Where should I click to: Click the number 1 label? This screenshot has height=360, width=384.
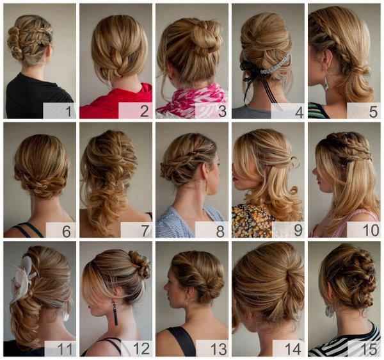point(68,111)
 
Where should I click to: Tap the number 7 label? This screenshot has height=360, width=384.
point(145,231)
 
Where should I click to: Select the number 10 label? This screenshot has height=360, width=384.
point(371,231)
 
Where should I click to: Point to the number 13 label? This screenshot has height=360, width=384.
point(218,349)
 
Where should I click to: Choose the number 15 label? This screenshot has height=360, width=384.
point(370,349)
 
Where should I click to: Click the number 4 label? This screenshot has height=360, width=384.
point(300,112)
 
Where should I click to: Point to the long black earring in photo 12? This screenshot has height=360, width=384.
point(115,313)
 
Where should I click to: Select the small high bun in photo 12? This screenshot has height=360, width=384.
point(140,264)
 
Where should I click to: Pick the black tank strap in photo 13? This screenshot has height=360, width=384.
point(182,341)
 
